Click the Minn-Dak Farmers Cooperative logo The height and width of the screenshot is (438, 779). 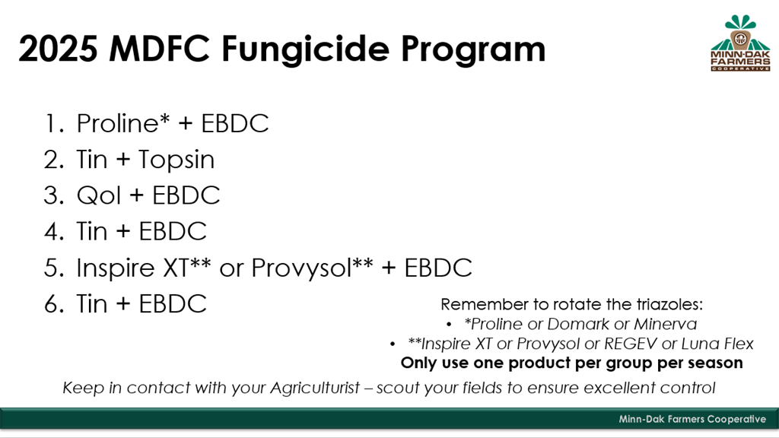740,43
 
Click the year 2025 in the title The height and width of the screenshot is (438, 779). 58,49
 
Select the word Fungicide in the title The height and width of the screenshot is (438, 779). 305,49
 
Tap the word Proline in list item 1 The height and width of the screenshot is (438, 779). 118,123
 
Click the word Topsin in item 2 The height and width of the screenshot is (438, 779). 176,160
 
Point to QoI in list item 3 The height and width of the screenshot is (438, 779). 98,195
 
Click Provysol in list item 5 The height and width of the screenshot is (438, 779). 301,268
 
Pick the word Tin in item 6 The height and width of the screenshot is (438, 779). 92,304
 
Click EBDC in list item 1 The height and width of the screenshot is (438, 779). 234,123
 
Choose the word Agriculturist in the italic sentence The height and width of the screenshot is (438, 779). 314,387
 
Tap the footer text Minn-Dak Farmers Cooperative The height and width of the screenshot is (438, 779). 692,419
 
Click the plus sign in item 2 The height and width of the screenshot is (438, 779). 122,160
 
